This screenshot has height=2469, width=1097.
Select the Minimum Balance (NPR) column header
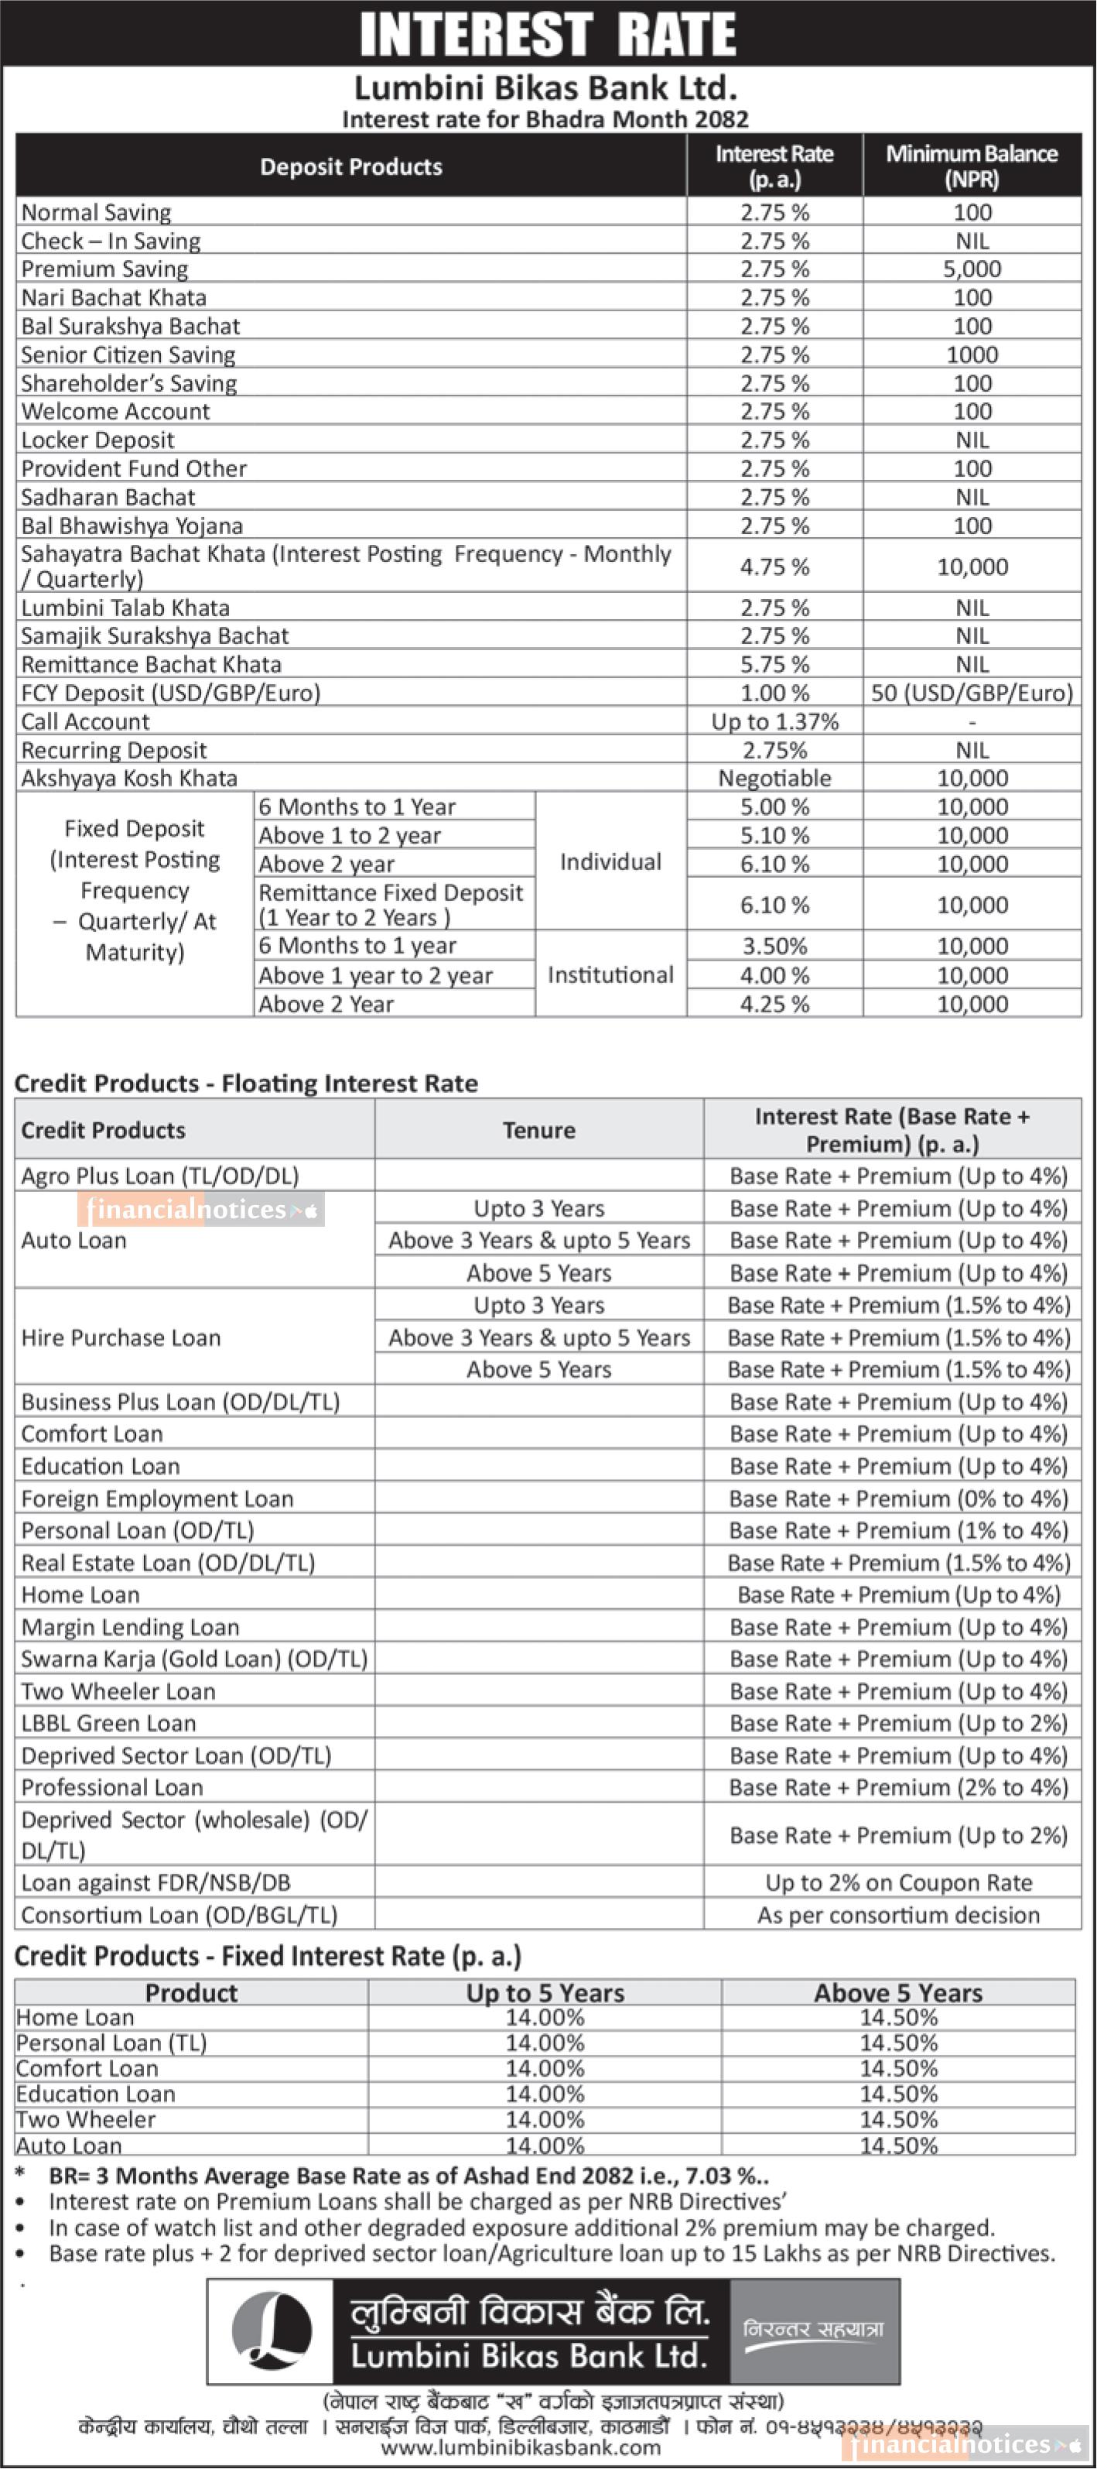(x=972, y=166)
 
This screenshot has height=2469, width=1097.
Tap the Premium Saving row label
(x=104, y=269)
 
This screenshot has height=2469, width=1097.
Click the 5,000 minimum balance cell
(x=972, y=269)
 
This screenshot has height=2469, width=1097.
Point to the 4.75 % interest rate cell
(x=774, y=567)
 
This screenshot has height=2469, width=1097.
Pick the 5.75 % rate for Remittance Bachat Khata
(x=774, y=664)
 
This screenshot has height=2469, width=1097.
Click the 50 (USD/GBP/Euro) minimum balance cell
(x=972, y=693)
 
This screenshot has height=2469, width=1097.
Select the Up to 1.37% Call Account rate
(x=774, y=721)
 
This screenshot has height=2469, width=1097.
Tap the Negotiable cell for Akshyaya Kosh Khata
(x=774, y=779)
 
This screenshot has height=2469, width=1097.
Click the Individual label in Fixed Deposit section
(x=610, y=861)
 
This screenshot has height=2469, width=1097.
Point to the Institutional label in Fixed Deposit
(x=610, y=974)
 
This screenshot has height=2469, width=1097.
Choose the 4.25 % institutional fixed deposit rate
(x=774, y=1005)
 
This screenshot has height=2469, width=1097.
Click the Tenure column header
(x=538, y=1130)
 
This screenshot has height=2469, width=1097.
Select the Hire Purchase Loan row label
(x=121, y=1338)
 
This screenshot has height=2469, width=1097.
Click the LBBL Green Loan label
(x=108, y=1724)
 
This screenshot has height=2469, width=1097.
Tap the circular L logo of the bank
(x=272, y=2331)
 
